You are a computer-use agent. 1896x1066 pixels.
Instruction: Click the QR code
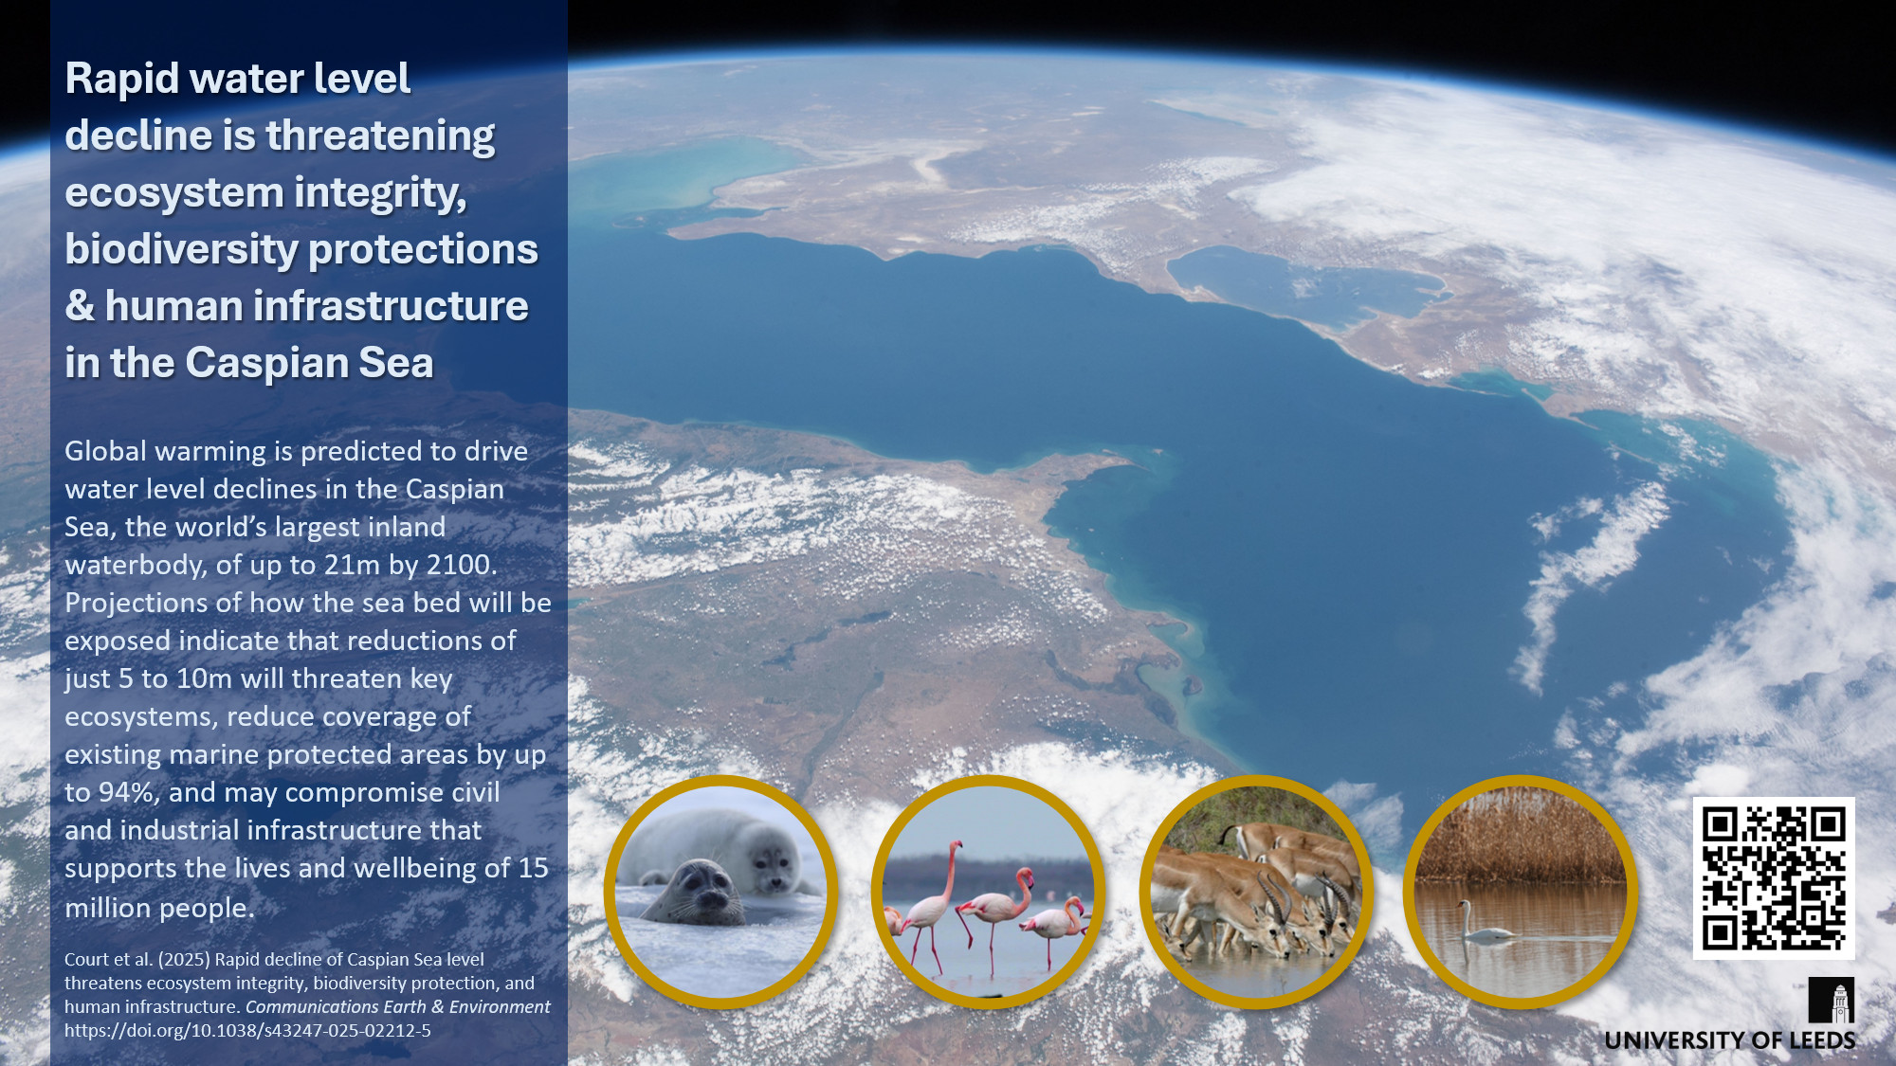coord(1774,877)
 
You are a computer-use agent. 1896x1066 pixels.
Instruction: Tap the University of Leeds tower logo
coord(1832,1001)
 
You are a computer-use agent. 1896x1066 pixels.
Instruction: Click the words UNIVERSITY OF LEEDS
coord(1730,1040)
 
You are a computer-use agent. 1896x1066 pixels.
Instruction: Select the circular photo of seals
coord(721,892)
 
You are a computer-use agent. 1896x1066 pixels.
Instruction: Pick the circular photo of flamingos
coord(988,892)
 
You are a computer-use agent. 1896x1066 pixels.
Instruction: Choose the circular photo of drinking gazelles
coord(1256,892)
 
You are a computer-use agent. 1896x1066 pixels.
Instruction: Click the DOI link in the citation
coord(247,1030)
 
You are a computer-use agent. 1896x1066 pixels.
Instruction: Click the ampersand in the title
coord(80,306)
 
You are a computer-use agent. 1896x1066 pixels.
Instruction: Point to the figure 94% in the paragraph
coord(123,792)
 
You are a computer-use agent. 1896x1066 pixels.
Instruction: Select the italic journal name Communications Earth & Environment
coord(397,1006)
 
